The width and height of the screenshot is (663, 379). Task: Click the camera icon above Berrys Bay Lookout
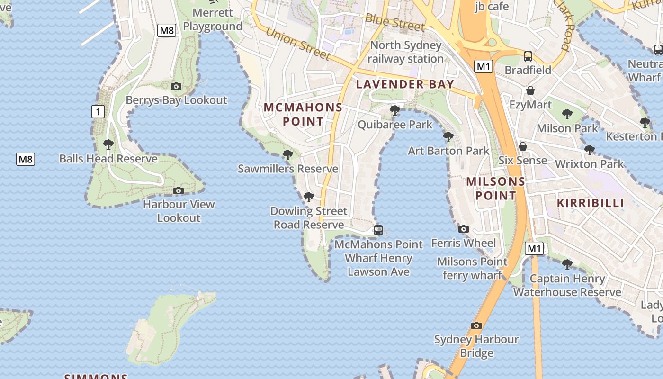pos(176,86)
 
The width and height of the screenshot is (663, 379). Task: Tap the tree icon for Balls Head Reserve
pos(108,144)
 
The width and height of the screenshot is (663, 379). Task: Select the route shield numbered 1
pos(98,112)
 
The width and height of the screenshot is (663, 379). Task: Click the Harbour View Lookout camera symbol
pos(179,190)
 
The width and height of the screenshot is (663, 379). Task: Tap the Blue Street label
pos(395,23)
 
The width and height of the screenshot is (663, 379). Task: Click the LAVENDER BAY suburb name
pos(405,84)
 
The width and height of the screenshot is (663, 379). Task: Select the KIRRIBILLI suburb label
pos(590,203)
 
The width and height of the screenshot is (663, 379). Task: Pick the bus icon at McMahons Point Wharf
pos(378,230)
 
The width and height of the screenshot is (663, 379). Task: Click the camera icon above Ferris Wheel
pos(464,229)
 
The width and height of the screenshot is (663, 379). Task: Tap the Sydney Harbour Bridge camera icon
pos(476,325)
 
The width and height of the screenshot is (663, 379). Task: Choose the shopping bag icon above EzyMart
pos(530,90)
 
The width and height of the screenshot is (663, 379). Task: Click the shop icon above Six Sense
pos(523,146)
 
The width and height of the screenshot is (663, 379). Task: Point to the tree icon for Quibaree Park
pos(394,111)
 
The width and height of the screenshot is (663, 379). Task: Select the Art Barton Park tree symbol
pos(448,137)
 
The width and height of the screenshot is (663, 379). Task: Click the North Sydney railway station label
pos(406,52)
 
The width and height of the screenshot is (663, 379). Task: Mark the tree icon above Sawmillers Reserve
pos(287,154)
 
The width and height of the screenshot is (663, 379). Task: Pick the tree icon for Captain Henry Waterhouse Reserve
pos(567,264)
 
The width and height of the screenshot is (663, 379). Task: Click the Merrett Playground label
pos(213,19)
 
